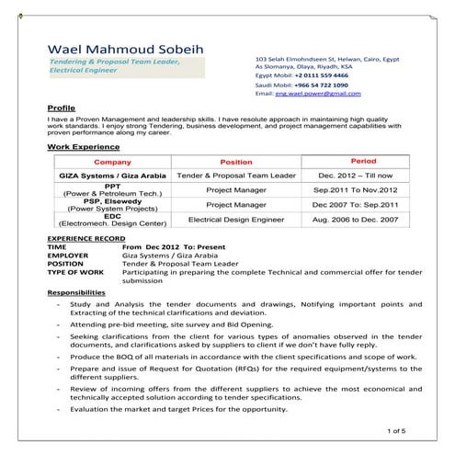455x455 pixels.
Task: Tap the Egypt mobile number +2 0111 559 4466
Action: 322,74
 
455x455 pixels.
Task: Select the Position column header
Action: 236,161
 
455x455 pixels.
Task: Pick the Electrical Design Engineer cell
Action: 236,221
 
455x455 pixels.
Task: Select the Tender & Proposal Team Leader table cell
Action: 236,175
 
